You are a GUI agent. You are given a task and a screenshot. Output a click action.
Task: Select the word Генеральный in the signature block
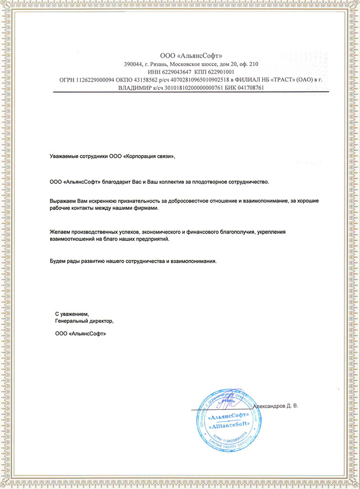point(72,321)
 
